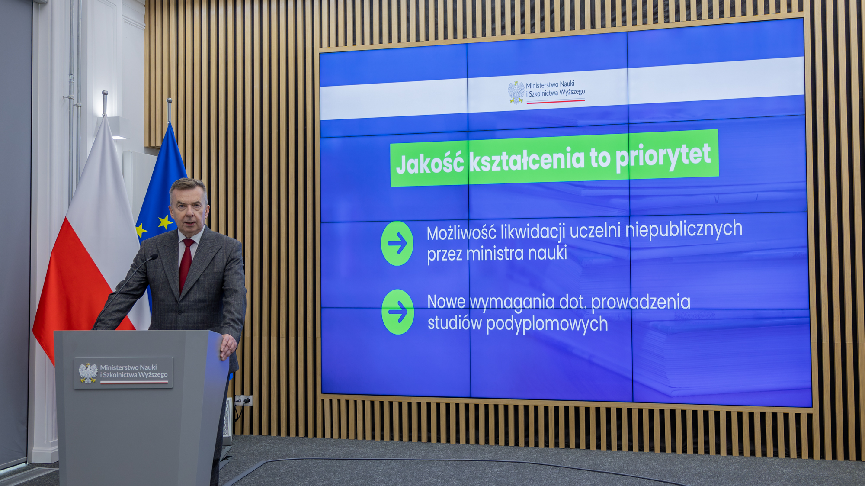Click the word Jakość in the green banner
tap(430, 164)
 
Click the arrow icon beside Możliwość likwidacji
tap(397, 243)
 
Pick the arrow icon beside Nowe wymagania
tap(398, 312)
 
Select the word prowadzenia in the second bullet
tap(641, 303)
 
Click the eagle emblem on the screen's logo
tap(516, 92)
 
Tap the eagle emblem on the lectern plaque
tap(88, 373)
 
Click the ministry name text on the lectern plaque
tap(134, 371)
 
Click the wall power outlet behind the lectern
tap(243, 401)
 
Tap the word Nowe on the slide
tap(446, 302)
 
